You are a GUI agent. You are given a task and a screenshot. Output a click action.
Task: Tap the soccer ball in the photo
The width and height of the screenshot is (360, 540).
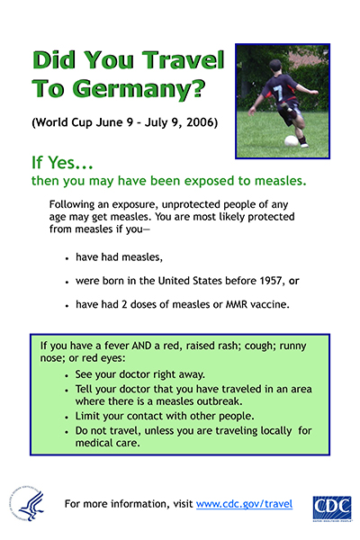tap(291, 141)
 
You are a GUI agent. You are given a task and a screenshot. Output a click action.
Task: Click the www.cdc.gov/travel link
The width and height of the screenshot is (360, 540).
tap(244, 504)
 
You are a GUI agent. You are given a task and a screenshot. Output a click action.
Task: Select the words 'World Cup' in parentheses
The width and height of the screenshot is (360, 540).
tap(67, 121)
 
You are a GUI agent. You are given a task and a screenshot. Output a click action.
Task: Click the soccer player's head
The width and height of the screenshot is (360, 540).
tap(274, 67)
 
